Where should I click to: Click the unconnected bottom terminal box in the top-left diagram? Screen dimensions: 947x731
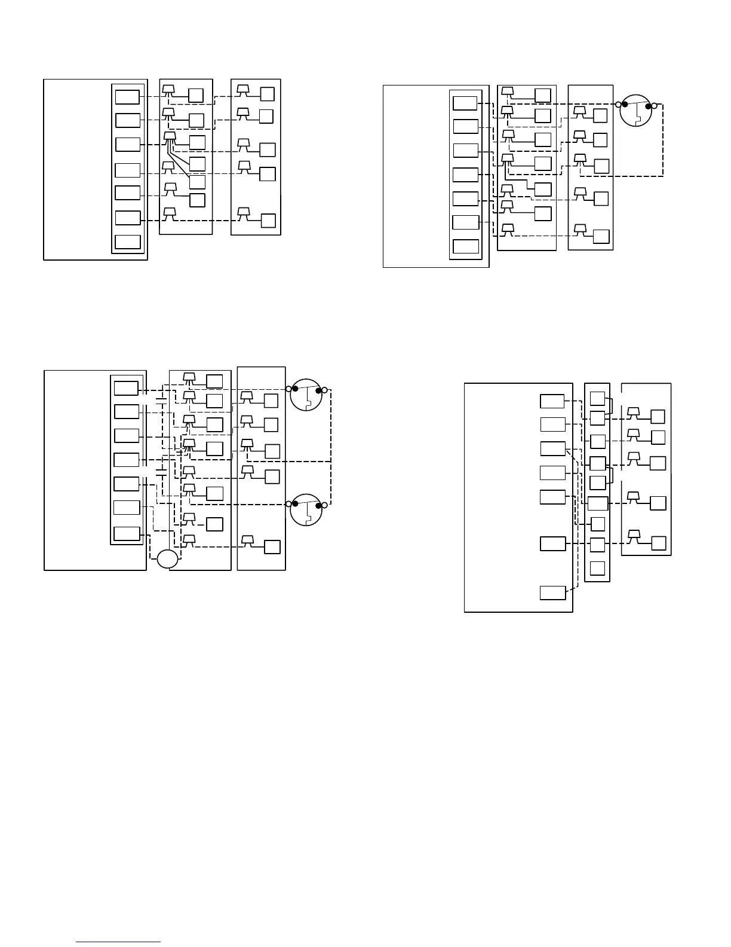(128, 242)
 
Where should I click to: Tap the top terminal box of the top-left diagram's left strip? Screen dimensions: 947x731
(127, 97)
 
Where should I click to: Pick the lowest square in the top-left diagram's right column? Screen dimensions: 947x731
(268, 220)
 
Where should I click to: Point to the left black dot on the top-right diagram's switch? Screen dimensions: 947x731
(625, 104)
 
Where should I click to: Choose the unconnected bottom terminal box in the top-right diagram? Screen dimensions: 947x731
(466, 247)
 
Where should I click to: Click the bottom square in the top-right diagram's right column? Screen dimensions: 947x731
(601, 237)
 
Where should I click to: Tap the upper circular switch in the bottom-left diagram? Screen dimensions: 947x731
(306, 395)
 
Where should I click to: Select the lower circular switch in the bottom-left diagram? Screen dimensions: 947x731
(306, 510)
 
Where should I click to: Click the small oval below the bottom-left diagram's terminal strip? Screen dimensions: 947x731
(168, 559)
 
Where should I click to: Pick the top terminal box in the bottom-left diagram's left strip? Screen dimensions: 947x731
(126, 388)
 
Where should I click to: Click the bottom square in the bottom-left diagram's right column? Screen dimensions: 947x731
(272, 546)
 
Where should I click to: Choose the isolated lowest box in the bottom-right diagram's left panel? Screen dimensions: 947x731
(552, 593)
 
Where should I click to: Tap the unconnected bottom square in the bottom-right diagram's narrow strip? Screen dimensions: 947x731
(597, 568)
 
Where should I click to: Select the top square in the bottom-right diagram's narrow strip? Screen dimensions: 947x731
(597, 398)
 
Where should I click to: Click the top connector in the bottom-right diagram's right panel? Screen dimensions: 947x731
(634, 412)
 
